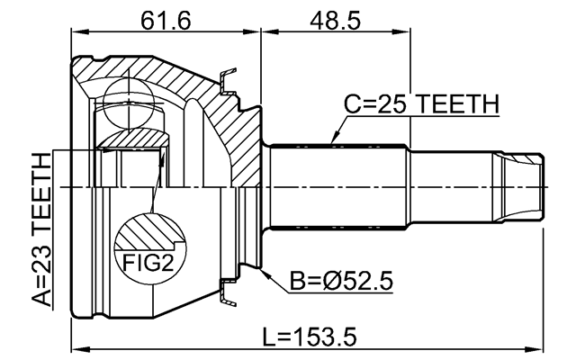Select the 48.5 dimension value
click(336, 20)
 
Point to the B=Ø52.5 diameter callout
click(341, 283)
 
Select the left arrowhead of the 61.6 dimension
click(76, 34)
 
